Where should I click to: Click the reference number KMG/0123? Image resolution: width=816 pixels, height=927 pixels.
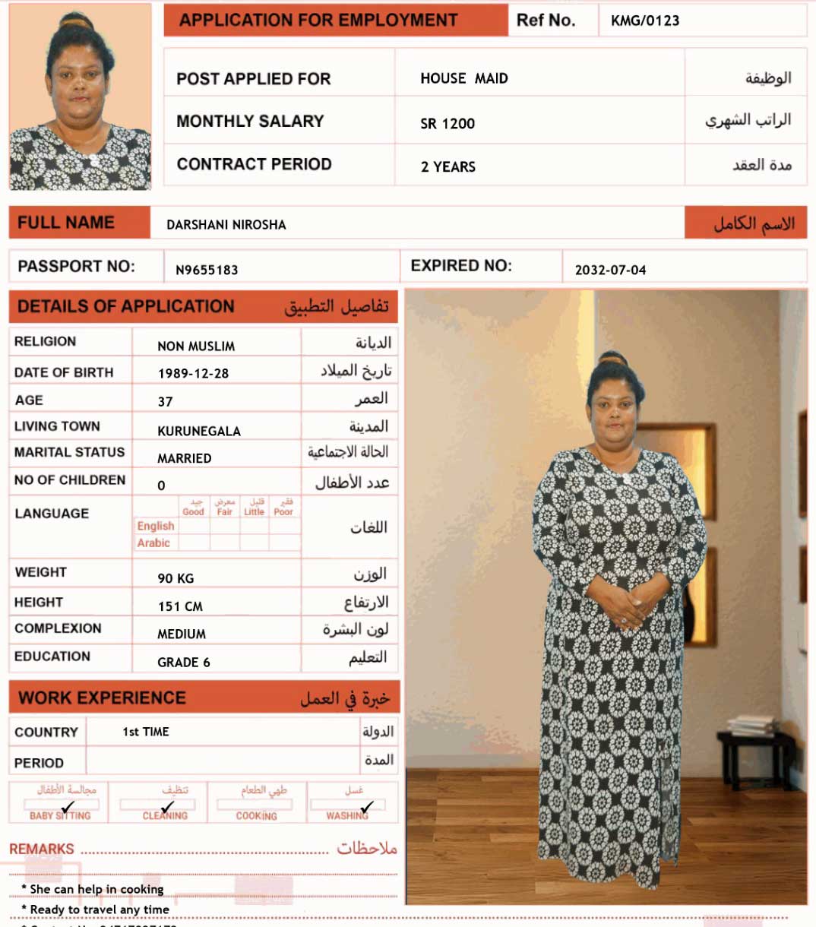[645, 21]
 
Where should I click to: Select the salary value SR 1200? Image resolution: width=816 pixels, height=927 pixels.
[448, 124]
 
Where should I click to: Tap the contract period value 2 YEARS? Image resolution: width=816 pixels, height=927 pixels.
[448, 167]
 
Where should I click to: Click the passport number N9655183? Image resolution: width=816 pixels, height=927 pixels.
[207, 270]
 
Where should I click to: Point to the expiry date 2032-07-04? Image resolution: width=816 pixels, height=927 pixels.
[610, 270]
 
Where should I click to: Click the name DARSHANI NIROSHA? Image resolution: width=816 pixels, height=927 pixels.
[226, 225]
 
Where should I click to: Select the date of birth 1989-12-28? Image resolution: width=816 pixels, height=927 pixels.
[193, 374]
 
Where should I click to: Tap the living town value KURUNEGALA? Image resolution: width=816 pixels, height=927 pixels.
[199, 431]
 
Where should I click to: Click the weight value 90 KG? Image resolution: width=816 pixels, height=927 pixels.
[176, 578]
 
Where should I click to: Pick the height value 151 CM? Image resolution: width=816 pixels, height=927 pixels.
[180, 606]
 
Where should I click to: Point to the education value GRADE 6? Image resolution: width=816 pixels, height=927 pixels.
[184, 663]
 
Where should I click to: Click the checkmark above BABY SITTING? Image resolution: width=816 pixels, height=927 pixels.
[68, 806]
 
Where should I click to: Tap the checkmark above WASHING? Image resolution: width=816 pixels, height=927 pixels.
[367, 806]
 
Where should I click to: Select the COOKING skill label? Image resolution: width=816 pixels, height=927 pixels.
[256, 816]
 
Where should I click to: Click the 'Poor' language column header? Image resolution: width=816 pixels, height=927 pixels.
[283, 512]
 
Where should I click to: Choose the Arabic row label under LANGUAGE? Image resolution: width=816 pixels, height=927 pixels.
[153, 543]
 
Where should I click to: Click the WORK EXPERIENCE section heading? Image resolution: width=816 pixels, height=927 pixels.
[102, 698]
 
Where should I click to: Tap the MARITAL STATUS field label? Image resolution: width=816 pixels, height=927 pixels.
[69, 452]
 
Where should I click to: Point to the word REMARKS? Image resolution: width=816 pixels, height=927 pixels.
[42, 849]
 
